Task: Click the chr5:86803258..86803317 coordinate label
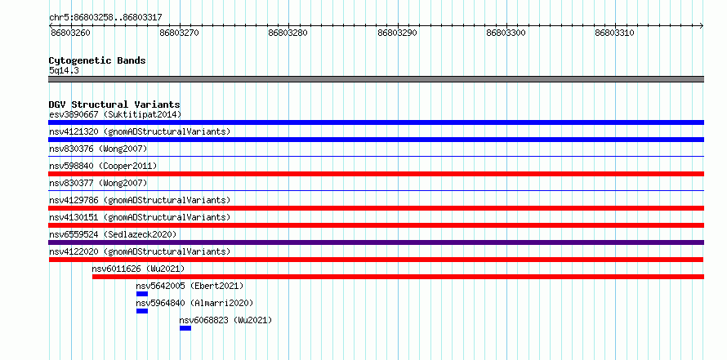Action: (105, 17)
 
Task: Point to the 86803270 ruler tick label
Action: (179, 33)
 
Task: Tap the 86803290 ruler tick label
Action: (397, 33)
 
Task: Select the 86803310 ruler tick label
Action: (615, 33)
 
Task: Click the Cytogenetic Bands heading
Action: (97, 60)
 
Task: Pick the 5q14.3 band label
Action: (63, 70)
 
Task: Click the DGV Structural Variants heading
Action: (114, 104)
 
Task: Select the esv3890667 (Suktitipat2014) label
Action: (115, 114)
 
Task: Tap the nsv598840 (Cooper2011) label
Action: (103, 166)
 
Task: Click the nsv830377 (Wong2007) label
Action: (98, 183)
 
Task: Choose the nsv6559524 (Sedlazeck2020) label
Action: (113, 234)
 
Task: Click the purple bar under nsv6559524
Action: (377, 242)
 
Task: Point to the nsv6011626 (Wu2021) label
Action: (138, 269)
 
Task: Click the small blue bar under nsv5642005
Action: (142, 294)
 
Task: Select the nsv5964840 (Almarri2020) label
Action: (194, 303)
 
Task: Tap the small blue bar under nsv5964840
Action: (142, 311)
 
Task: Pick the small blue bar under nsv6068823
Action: (185, 328)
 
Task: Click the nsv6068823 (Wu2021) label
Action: (225, 320)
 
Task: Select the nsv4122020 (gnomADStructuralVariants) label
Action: (140, 251)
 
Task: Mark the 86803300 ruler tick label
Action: (506, 33)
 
